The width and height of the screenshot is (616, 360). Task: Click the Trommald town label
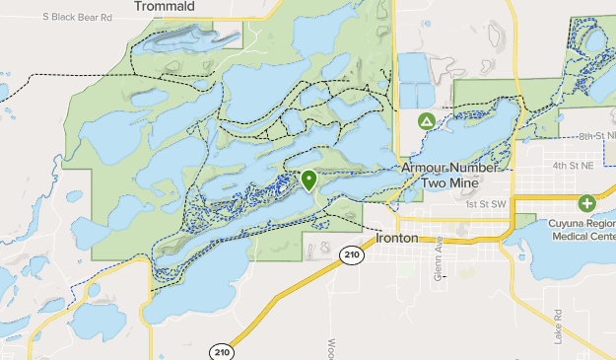coord(164,6)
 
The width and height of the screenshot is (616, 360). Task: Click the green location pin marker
coord(309,180)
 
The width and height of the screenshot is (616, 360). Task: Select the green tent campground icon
coord(426,121)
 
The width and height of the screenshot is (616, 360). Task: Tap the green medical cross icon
coord(587,204)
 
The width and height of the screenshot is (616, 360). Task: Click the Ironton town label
coord(397,239)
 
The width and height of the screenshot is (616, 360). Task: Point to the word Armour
coord(426,169)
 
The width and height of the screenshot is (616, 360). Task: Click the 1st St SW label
coord(486,204)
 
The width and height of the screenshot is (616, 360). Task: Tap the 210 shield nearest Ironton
coord(351,255)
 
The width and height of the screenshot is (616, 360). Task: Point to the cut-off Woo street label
coord(329,350)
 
